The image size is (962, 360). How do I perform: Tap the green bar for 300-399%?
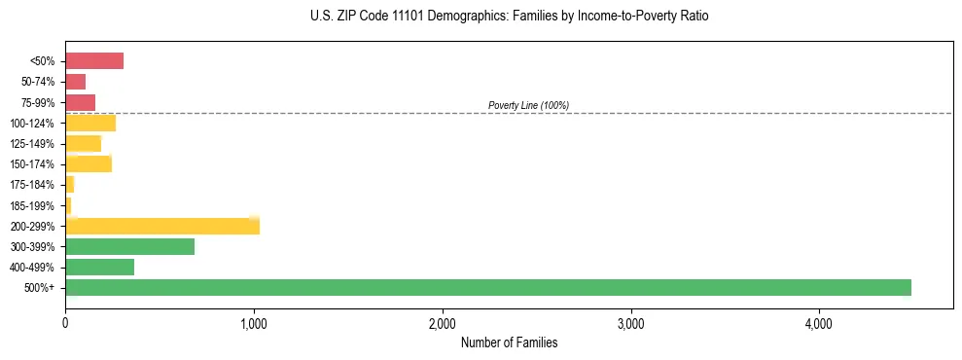point(129,246)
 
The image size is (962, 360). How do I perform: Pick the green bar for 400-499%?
point(99,267)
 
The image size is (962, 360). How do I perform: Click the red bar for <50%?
point(94,61)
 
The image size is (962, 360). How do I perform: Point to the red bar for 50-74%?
point(76,82)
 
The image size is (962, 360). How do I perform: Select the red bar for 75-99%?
point(80,102)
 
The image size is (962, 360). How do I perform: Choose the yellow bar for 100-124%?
point(90,123)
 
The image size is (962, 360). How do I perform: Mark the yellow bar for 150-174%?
point(89,163)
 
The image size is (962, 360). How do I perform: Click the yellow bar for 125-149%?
point(83,144)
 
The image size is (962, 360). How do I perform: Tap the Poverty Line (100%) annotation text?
point(528,105)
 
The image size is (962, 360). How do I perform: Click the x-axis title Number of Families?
point(509,343)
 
